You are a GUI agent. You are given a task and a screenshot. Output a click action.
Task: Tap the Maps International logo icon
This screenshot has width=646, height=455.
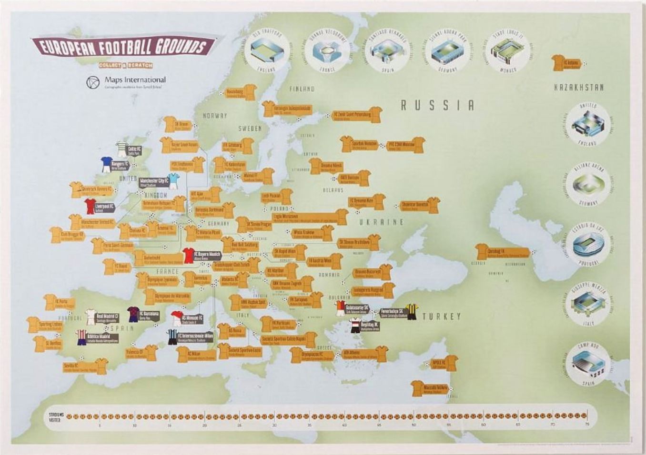tap(92, 82)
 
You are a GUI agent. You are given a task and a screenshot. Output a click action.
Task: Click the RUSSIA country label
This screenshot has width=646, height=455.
tap(437, 105)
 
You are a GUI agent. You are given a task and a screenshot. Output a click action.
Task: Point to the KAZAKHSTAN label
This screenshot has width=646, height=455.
tap(579, 88)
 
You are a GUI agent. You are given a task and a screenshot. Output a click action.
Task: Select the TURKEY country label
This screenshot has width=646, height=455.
tap(441, 317)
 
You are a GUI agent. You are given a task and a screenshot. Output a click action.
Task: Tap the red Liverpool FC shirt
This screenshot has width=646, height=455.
tap(90, 207)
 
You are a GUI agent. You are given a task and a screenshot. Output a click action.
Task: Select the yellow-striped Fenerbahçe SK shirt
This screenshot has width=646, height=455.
tap(411, 312)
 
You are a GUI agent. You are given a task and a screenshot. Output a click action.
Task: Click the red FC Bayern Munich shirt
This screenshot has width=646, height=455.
tap(189, 256)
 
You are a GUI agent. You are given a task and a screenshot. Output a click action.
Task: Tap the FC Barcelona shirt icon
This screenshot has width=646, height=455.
tap(133, 314)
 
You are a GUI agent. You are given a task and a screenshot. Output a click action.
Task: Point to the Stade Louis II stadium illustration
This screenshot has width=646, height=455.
tap(506, 51)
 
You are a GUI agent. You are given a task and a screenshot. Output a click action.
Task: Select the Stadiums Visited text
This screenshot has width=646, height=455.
tap(56, 417)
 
